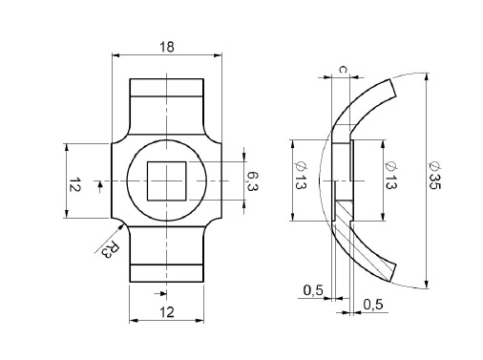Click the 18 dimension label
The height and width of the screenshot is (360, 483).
point(167,47)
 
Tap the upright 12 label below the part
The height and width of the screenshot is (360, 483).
point(167,312)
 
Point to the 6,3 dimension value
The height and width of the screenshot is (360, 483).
point(252,181)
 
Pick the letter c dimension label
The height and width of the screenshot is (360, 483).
point(343,69)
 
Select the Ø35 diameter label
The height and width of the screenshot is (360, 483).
point(434,177)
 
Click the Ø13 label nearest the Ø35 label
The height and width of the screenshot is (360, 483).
point(390,175)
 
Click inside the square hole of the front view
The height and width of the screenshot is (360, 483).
point(166,181)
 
